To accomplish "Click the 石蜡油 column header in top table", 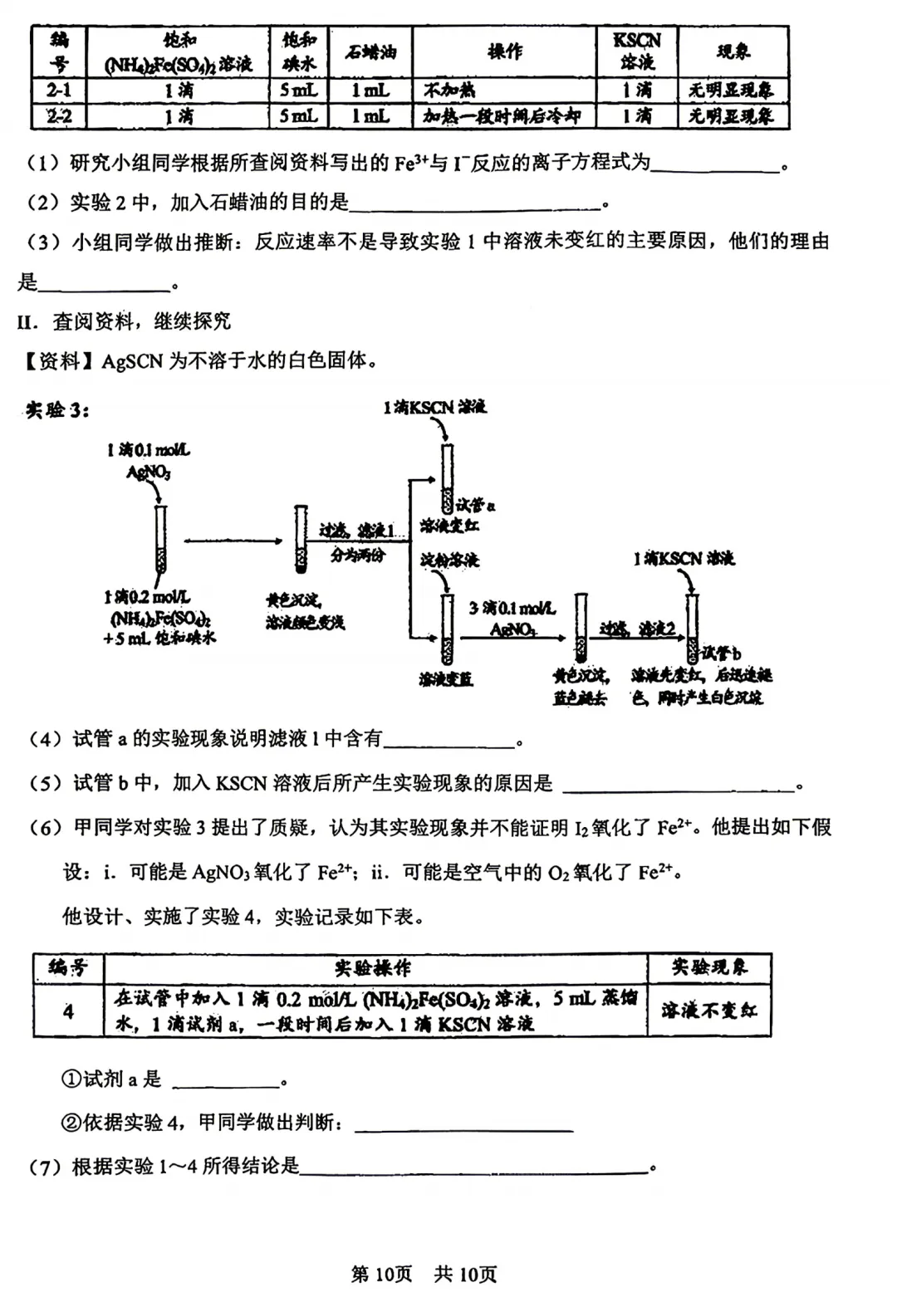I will (370, 52).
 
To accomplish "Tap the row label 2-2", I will (58, 116).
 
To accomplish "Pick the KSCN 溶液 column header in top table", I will (636, 51).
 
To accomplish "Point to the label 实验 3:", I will (57, 409).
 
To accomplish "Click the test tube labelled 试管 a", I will (447, 479).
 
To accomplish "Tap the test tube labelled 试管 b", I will (692, 629).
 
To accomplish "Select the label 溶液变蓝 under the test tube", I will (446, 679).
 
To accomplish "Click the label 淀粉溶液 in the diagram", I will (449, 560).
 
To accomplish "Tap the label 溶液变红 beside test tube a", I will (449, 526).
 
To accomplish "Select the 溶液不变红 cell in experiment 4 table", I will (708, 1010).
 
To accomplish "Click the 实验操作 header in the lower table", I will (373, 968).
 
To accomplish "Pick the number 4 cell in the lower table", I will (68, 1011).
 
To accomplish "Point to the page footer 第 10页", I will (382, 1274).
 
